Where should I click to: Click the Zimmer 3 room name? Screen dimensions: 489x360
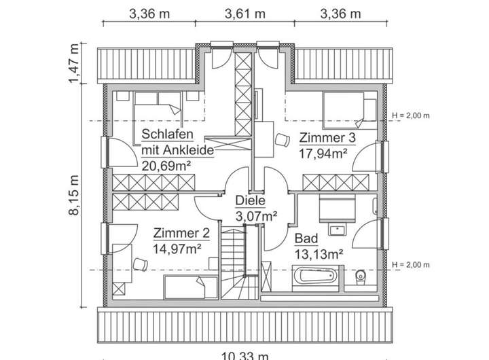327,139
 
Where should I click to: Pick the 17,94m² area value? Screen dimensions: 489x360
323,153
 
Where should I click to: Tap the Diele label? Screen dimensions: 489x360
250,201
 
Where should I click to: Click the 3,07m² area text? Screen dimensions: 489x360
256,216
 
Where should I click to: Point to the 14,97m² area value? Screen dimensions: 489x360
177,248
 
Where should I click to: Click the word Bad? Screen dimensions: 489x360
306,239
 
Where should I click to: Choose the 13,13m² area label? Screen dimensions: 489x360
318,255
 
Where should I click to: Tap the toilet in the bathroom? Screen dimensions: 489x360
361,277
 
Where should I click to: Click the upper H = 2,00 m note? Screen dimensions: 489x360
412,115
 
